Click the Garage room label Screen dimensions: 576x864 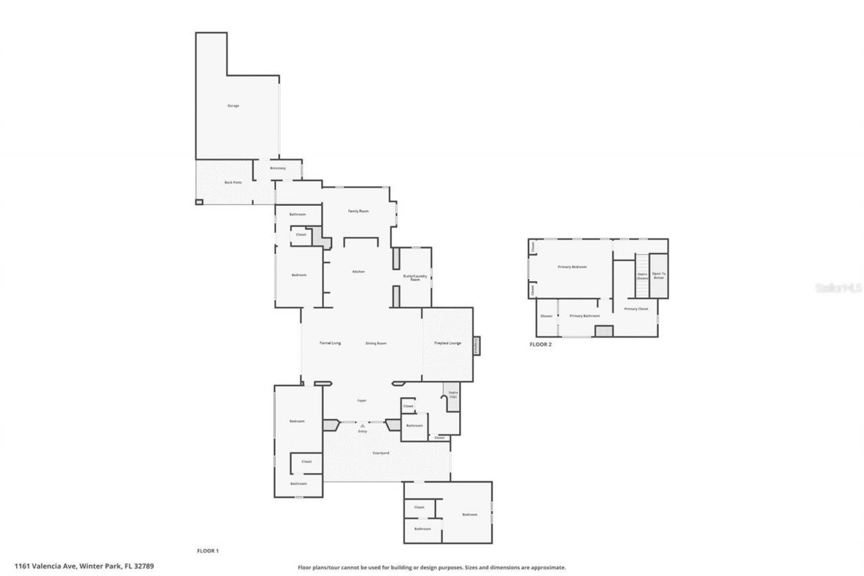pyautogui.click(x=233, y=106)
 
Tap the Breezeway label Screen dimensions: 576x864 pyautogui.click(x=277, y=168)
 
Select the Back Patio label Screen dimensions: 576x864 pyautogui.click(x=233, y=182)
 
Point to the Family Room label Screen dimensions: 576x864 pyautogui.click(x=358, y=211)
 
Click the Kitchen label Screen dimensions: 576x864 pyautogui.click(x=358, y=271)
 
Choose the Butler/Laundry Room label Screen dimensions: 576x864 pyautogui.click(x=414, y=278)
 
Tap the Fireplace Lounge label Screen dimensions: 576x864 pyautogui.click(x=447, y=343)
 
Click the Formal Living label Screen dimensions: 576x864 pyautogui.click(x=330, y=343)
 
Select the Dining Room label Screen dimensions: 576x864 pyautogui.click(x=376, y=343)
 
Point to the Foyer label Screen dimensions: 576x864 pyautogui.click(x=362, y=401)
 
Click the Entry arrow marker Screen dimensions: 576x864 pyautogui.click(x=362, y=425)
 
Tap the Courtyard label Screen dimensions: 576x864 pyautogui.click(x=381, y=452)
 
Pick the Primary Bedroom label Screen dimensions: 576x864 pyautogui.click(x=572, y=267)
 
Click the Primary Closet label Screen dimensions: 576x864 pyautogui.click(x=636, y=309)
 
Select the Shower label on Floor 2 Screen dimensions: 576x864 pyautogui.click(x=546, y=316)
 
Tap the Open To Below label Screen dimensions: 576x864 pyautogui.click(x=658, y=276)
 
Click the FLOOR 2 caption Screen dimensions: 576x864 pyautogui.click(x=540, y=344)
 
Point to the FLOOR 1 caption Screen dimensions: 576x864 pyautogui.click(x=207, y=551)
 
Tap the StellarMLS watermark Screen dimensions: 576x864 pyautogui.click(x=838, y=288)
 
